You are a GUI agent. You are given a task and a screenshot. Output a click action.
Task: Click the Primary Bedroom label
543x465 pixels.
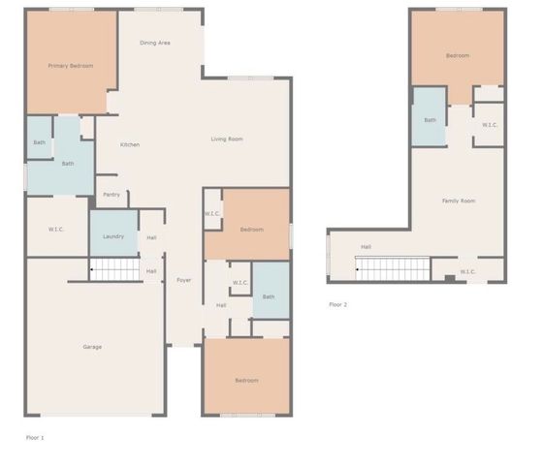coord(71,66)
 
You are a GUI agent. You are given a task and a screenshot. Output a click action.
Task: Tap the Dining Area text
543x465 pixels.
coord(155,43)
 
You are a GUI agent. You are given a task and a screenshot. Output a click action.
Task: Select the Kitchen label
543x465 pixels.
coord(130,145)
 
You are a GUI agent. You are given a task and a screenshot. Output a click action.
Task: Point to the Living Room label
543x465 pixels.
coord(227,139)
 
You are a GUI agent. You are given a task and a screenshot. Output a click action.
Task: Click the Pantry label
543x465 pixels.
coord(112,195)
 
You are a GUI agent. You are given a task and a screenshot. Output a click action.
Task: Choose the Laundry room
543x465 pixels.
coord(112,235)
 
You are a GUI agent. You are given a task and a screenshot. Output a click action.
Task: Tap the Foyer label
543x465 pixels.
coord(183,281)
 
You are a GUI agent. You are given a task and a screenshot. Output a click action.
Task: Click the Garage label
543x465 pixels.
coord(92,347)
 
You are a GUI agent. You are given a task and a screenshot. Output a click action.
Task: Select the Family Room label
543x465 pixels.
coord(459,201)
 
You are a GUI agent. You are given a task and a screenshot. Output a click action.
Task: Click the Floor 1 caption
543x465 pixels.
coord(35,438)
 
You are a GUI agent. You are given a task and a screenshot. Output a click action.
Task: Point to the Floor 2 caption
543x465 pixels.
coord(337,304)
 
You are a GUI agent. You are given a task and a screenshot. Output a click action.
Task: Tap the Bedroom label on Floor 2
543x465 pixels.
coord(458,56)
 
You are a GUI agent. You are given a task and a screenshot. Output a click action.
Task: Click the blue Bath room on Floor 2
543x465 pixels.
coord(430,119)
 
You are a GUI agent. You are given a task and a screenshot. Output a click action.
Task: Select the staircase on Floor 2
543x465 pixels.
coord(394,268)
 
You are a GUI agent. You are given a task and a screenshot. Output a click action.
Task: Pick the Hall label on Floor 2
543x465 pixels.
coord(366,247)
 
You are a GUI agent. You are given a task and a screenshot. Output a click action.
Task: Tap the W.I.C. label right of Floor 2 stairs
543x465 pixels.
coord(467,271)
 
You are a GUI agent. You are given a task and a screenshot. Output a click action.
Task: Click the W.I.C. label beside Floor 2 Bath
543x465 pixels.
coord(490,124)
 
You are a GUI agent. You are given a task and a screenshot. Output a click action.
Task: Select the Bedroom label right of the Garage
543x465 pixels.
coord(246,381)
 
